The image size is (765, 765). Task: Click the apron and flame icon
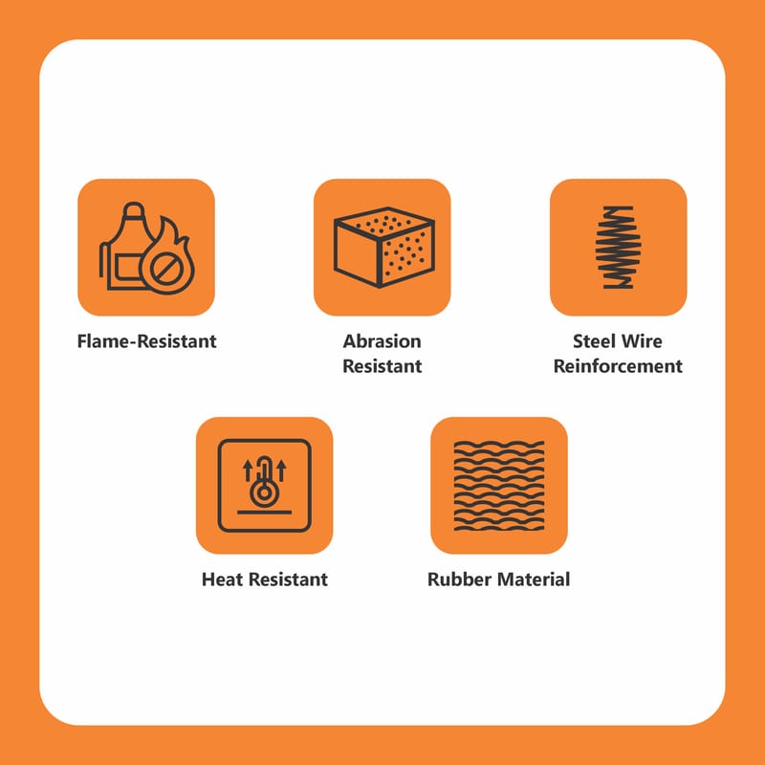pyautogui.click(x=146, y=248)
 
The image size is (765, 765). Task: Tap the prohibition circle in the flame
pyautogui.click(x=165, y=270)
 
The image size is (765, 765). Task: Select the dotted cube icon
pyautogui.click(x=384, y=247)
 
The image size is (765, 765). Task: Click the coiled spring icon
pyautogui.click(x=618, y=247)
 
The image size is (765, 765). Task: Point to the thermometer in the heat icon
pyautogui.click(x=265, y=482)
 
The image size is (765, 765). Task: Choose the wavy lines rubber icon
pyautogui.click(x=499, y=486)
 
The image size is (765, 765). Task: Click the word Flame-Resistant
pyautogui.click(x=146, y=341)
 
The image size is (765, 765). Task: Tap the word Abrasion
pyautogui.click(x=382, y=341)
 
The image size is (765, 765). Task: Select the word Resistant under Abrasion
pyautogui.click(x=382, y=366)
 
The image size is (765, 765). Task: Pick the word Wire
pyautogui.click(x=643, y=341)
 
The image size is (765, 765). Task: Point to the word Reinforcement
pyautogui.click(x=618, y=366)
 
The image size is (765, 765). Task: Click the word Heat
pyautogui.click(x=223, y=579)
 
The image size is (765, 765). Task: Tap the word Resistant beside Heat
pyautogui.click(x=289, y=579)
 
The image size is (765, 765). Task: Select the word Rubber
pyautogui.click(x=460, y=579)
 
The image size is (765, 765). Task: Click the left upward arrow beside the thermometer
pyautogui.click(x=248, y=470)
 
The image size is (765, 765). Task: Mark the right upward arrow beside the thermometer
pyautogui.click(x=281, y=470)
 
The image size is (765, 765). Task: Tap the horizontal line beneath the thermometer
pyautogui.click(x=265, y=513)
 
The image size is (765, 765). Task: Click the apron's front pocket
pyautogui.click(x=128, y=267)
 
